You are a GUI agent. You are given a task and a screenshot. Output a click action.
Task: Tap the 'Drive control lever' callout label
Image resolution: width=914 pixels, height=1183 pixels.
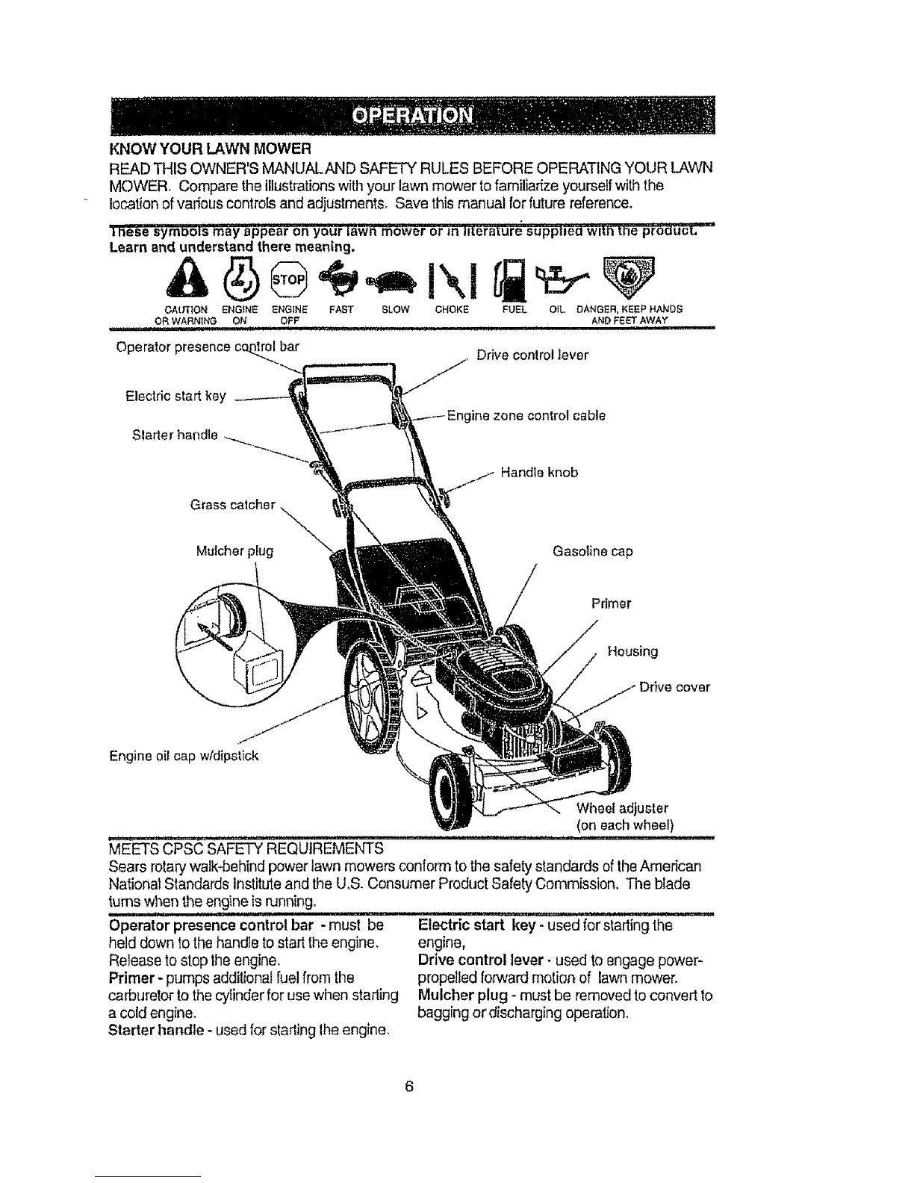[x=532, y=355]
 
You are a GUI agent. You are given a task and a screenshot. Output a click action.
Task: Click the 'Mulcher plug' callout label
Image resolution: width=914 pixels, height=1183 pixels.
[x=234, y=552]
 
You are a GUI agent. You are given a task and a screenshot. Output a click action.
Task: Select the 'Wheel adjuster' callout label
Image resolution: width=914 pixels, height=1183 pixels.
[x=623, y=809]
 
